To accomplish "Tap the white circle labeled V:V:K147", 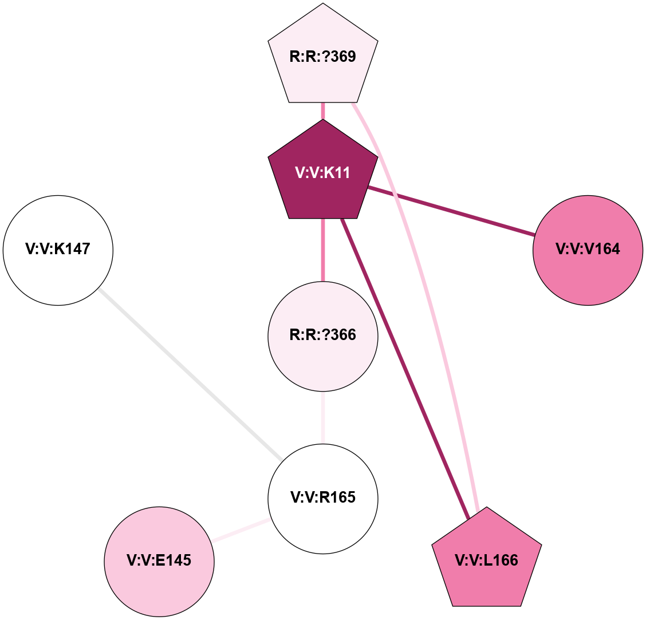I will click(x=58, y=250).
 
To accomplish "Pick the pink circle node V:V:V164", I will click(x=588, y=250).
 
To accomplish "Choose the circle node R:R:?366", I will click(x=323, y=336).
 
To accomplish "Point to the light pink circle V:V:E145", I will click(x=159, y=561).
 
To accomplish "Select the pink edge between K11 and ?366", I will click(x=323, y=250).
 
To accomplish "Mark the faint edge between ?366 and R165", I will click(x=323, y=417).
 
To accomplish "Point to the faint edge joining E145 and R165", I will click(x=241, y=530).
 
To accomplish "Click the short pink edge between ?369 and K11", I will click(x=323, y=111).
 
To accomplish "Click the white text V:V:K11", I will click(x=323, y=173).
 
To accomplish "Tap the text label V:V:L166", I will click(x=486, y=561).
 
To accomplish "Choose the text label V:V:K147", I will click(x=58, y=249).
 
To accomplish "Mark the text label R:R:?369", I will click(x=323, y=57).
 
